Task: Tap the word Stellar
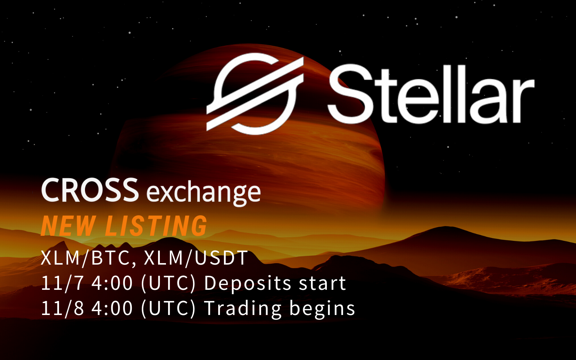coord(431,94)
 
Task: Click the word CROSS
coord(90,190)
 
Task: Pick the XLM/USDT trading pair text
coord(196,258)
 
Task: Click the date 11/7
coord(62,283)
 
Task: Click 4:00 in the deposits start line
coord(112,283)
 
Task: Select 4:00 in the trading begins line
coord(112,309)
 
